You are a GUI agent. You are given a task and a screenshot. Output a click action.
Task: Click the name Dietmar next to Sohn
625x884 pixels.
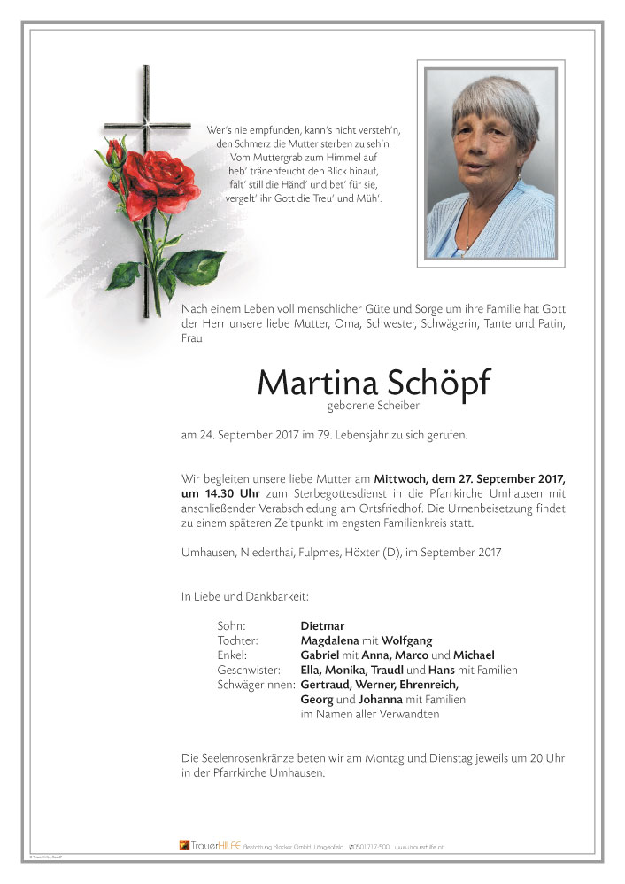[x=322, y=625]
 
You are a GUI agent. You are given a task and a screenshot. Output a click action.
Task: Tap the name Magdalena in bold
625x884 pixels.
[x=329, y=641]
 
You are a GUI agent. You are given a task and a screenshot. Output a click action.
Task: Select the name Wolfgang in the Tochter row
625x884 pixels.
[x=406, y=641]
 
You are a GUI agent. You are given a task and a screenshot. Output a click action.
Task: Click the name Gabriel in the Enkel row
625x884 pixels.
[x=320, y=655]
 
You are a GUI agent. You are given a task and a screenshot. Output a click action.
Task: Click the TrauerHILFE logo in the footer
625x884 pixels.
[x=210, y=846]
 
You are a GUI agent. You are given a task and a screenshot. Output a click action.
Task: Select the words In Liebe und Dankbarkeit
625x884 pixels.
[x=244, y=597]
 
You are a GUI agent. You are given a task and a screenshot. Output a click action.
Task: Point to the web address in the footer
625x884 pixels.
[x=419, y=847]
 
